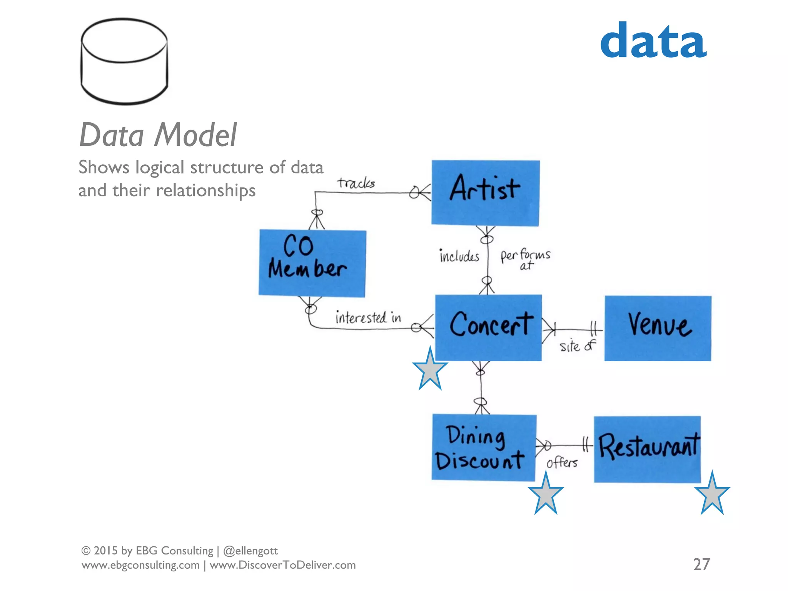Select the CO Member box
tap(312, 263)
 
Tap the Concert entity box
tap(488, 327)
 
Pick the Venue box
tap(658, 328)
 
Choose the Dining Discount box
tap(483, 447)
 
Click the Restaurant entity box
tap(647, 449)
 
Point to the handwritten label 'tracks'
tap(356, 183)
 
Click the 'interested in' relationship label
tap(368, 318)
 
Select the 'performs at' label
tap(525, 259)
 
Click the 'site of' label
tap(577, 346)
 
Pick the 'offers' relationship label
tap(562, 462)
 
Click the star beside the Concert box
tap(430, 370)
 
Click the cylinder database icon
tap(124, 62)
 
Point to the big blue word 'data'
tap(653, 41)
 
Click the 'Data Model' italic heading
tap(158, 135)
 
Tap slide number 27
tap(701, 564)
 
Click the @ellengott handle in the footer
tap(250, 551)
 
